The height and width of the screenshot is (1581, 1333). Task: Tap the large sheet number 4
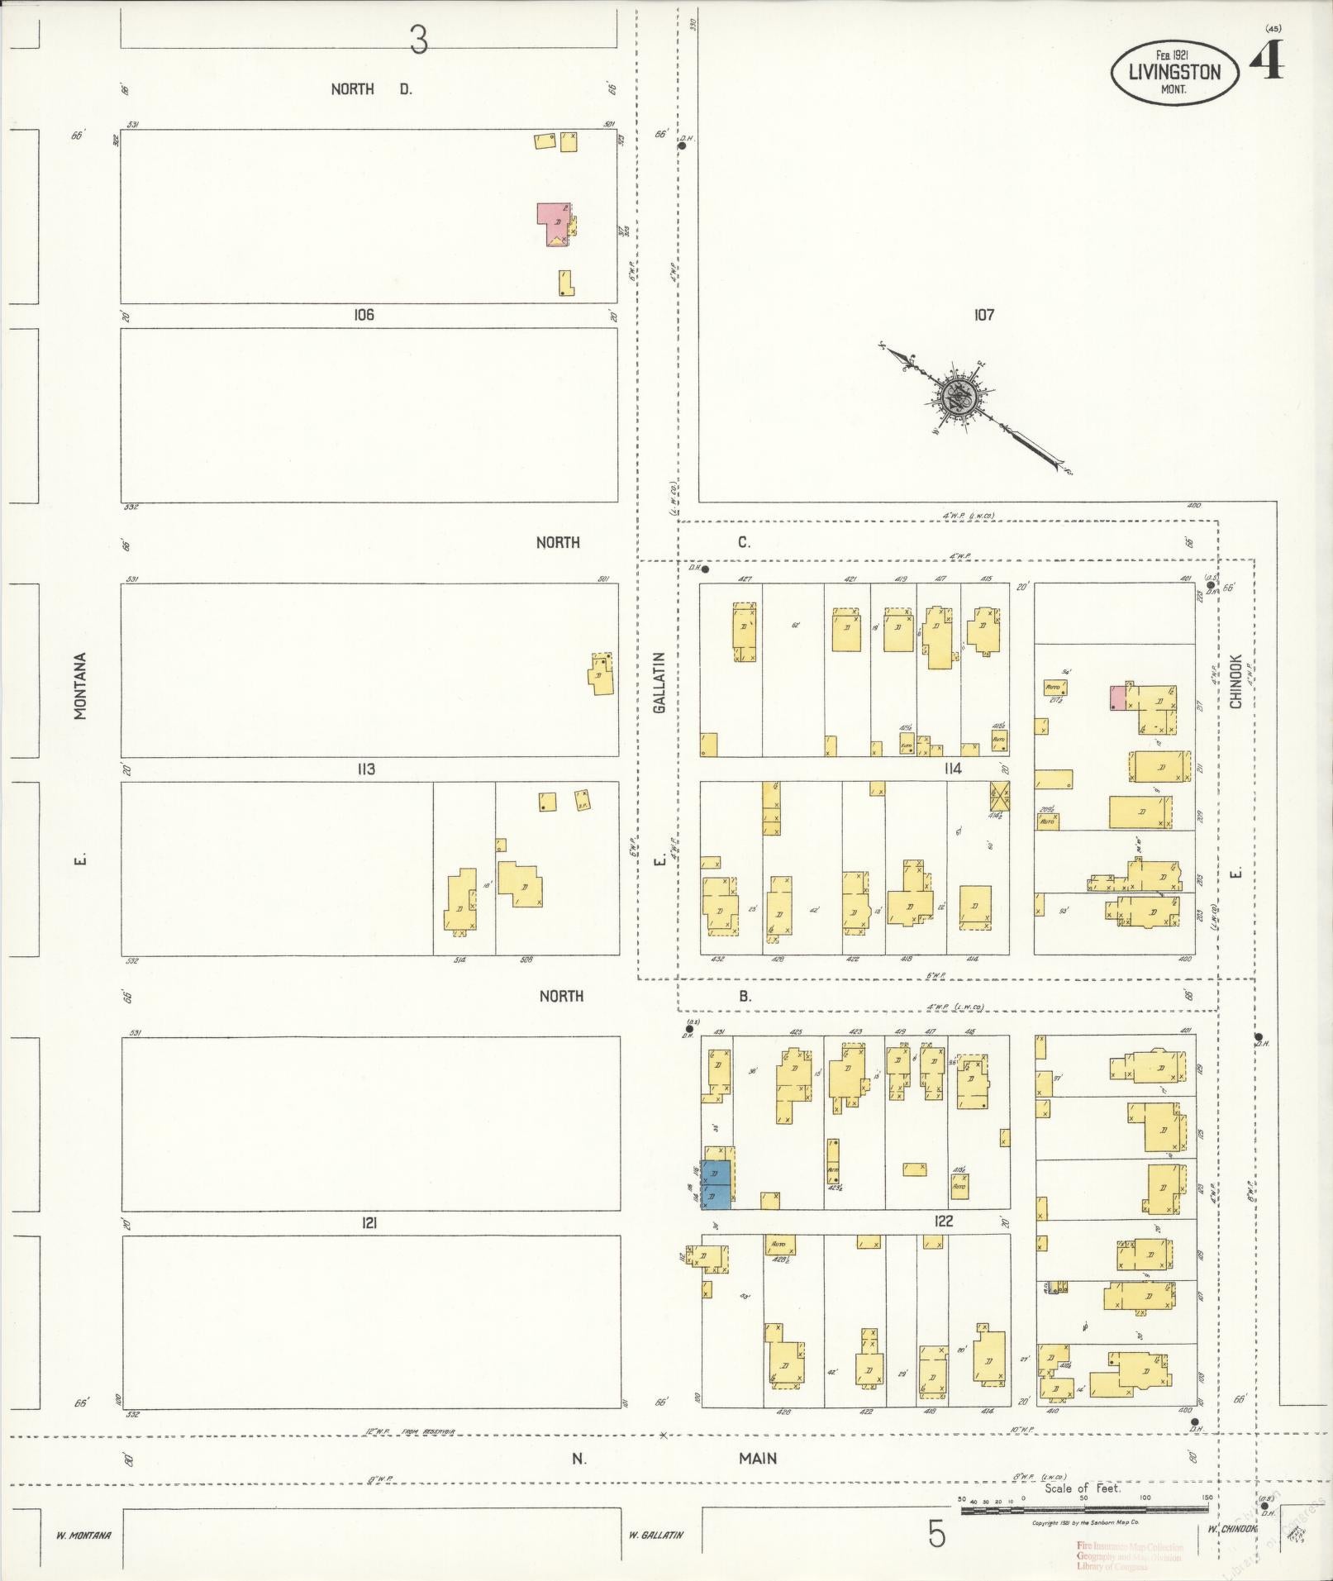[x=1265, y=60]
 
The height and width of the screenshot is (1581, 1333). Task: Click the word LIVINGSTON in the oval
[x=1174, y=72]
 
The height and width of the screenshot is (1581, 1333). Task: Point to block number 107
[x=983, y=315]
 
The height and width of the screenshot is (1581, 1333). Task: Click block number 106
[x=364, y=315]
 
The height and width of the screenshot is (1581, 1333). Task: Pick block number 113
[x=366, y=769]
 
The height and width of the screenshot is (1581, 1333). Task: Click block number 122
[x=944, y=1221]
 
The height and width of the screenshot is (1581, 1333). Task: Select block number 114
[x=953, y=769]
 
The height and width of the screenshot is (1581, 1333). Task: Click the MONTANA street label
[x=81, y=686]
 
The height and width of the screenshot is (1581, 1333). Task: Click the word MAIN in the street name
[x=758, y=1459]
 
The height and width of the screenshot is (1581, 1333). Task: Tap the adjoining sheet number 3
[x=419, y=40]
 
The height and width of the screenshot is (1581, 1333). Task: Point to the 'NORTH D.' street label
[x=371, y=89]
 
